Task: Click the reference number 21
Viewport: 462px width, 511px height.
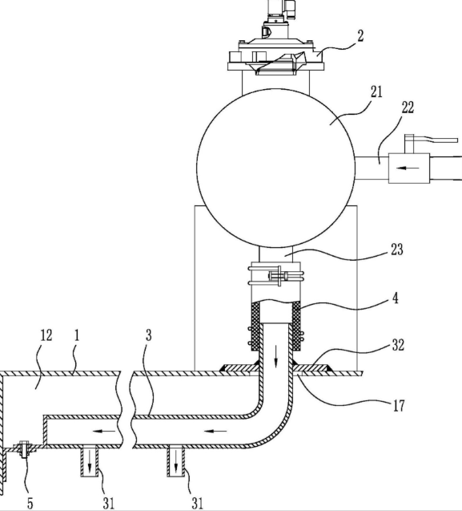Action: click(x=376, y=92)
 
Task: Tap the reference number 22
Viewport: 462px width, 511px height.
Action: click(x=408, y=107)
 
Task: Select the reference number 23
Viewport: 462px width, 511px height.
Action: click(x=396, y=249)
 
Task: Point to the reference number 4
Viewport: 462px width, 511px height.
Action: click(x=395, y=298)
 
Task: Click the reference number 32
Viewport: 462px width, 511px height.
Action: click(x=398, y=345)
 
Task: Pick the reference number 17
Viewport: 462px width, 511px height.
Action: click(x=399, y=406)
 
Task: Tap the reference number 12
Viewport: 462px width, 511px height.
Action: click(x=46, y=335)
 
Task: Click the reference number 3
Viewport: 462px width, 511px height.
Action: click(x=148, y=335)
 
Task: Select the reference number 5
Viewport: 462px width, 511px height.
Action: click(x=30, y=504)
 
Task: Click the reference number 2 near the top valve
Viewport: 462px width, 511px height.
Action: click(x=360, y=36)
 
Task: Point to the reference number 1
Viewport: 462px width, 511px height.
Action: click(x=77, y=335)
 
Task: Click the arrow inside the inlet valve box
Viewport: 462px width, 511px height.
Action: click(x=408, y=168)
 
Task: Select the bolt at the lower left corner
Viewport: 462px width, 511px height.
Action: click(x=24, y=449)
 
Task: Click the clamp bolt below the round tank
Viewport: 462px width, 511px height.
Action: click(x=279, y=276)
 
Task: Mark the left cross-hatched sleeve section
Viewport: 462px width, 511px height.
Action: click(x=256, y=326)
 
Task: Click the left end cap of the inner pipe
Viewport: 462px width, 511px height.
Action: click(x=45, y=431)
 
